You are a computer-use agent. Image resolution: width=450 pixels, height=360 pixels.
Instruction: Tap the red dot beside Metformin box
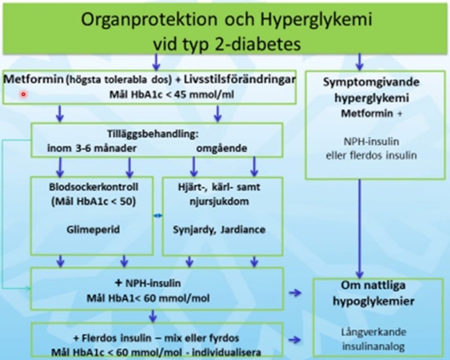(23, 94)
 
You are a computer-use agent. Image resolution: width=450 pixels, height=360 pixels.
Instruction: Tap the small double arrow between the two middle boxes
(158, 216)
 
